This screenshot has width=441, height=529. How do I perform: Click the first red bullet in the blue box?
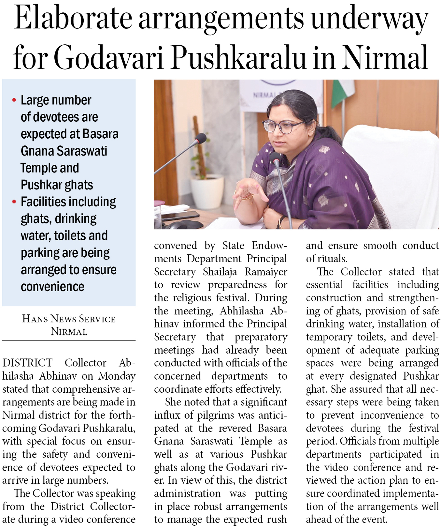coord(14,100)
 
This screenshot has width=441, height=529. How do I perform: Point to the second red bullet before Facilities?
coord(14,202)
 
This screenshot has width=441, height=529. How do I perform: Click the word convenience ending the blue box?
coord(52,287)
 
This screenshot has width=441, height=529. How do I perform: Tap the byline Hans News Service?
coord(69,319)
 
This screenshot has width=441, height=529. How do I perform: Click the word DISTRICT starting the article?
coord(27,363)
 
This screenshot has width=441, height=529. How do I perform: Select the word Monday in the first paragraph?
coord(117,376)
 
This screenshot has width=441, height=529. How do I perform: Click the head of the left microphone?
coord(201,138)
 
